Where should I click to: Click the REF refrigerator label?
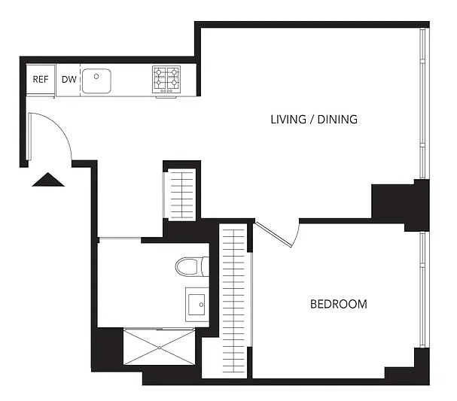[x=41, y=79]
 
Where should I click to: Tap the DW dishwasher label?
[x=69, y=79]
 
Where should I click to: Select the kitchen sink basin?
[x=96, y=81]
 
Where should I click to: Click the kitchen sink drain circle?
[x=96, y=76]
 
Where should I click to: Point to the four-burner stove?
[x=166, y=80]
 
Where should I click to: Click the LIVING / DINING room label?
[x=314, y=120]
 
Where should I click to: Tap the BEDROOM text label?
[x=338, y=304]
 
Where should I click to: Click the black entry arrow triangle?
[x=48, y=179]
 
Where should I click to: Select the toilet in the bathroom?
[x=192, y=266]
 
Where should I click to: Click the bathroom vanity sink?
[x=197, y=304]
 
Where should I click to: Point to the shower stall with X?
[x=159, y=347]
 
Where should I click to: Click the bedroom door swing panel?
[x=274, y=235]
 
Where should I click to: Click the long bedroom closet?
[x=234, y=300]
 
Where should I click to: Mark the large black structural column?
[x=400, y=205]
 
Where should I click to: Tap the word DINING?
[x=337, y=120]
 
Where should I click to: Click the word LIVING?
[x=288, y=120]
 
